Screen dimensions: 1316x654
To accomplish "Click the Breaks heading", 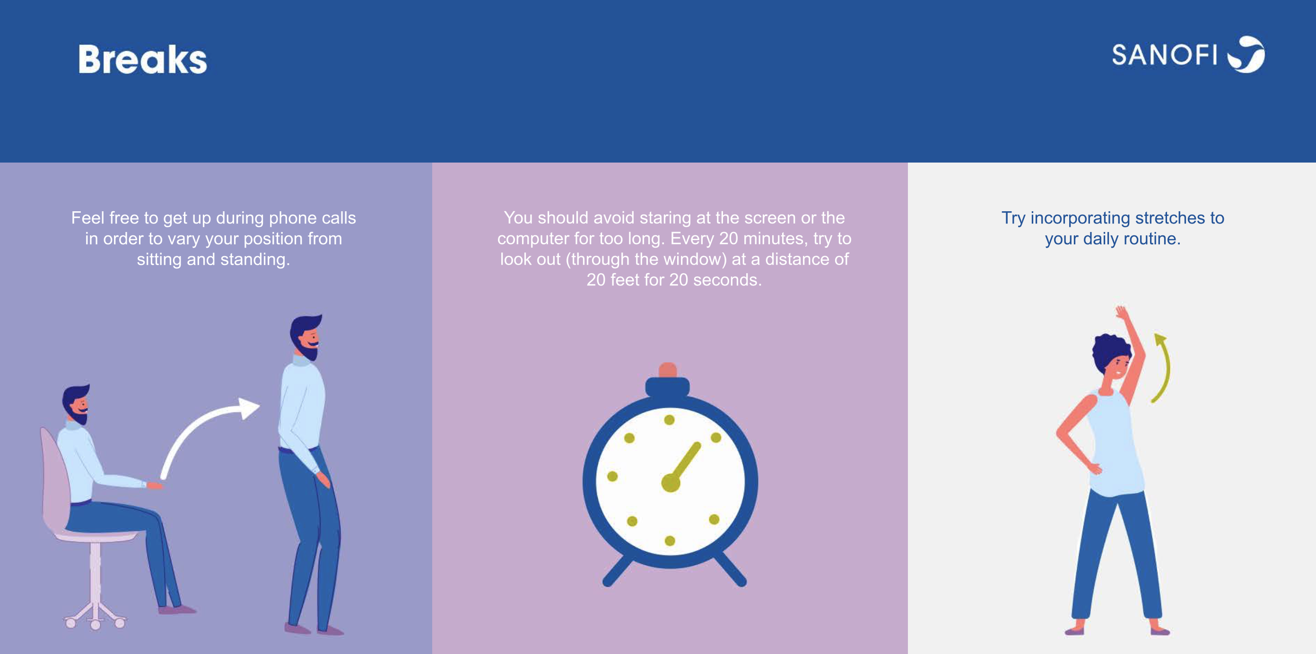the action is [142, 59].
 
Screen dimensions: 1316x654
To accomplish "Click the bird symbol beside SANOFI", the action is [1246, 54].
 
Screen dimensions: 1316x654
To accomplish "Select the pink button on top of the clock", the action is [668, 370].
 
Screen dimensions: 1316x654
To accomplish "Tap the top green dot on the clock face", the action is [669, 420].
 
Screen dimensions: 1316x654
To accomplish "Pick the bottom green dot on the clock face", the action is [670, 541].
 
